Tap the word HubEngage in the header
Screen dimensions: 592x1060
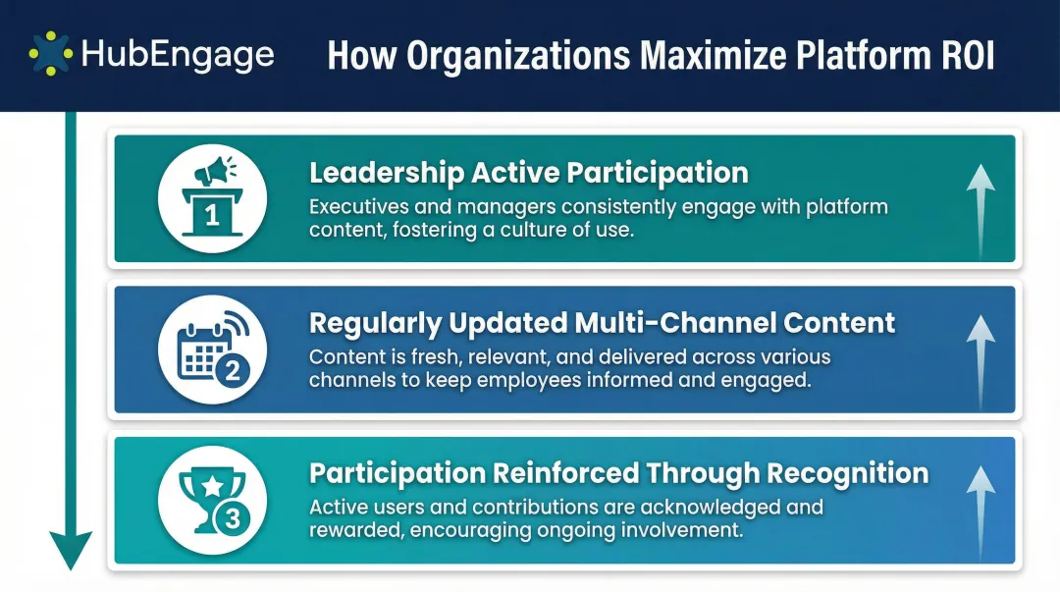click(178, 55)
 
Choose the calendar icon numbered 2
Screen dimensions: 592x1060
click(212, 349)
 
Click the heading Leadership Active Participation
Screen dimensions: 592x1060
click(528, 173)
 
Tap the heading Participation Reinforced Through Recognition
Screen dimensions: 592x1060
click(618, 473)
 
